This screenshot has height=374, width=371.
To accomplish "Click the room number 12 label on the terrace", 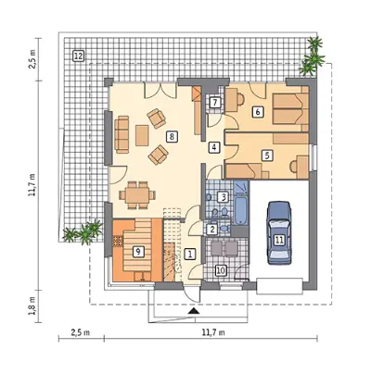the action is tap(78, 56).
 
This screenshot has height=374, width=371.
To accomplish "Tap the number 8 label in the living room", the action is tap(172, 136).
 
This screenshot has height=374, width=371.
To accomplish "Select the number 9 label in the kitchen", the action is tap(138, 252).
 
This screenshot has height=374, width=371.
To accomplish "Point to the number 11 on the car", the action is tap(279, 240).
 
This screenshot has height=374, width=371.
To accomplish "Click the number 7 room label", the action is tap(215, 102).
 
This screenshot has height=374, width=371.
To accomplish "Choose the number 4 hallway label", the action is tap(214, 147).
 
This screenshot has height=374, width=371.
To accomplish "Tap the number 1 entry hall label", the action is tap(190, 254).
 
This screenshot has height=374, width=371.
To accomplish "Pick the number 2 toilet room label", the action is tap(212, 230).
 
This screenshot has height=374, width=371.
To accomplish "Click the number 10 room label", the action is tap(220, 270).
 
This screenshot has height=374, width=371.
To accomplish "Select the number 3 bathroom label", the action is tap(223, 197).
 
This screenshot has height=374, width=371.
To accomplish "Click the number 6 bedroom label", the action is tap(258, 112).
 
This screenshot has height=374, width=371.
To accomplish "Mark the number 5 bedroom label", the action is tap(267, 156).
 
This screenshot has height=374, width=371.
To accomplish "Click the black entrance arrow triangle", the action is tap(194, 311).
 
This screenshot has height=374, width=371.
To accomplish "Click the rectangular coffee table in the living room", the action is tap(142, 135).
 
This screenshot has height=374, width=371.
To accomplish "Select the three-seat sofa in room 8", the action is tap(122, 134).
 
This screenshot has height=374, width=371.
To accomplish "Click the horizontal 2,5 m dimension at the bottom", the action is tap(81, 332).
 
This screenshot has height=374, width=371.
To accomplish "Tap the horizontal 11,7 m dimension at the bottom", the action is tap(213, 332).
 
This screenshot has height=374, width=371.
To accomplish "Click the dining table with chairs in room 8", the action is tap(137, 195).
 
